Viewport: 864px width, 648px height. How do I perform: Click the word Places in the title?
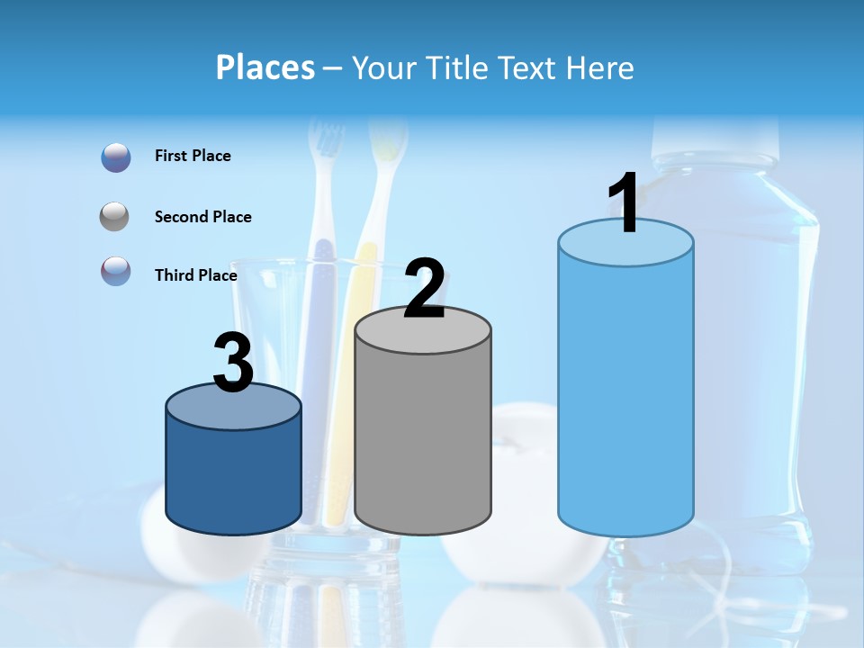coord(265,67)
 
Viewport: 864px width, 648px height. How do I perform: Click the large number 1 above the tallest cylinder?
coord(625,203)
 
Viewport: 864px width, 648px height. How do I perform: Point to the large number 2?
coord(424,289)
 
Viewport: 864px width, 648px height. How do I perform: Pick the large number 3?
coord(233,363)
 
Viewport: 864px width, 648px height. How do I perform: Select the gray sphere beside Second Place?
coord(115,217)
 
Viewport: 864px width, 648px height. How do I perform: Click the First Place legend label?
coord(193,156)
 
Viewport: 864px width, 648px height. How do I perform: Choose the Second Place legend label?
coord(202,217)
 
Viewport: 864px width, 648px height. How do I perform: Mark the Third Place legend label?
coord(195,275)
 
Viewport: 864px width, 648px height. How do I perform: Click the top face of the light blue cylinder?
coord(625,242)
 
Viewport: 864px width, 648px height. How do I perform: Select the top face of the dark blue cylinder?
coord(233,406)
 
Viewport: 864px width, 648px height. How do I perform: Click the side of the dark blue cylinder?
coord(233,477)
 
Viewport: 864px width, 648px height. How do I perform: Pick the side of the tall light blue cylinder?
coord(625,396)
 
